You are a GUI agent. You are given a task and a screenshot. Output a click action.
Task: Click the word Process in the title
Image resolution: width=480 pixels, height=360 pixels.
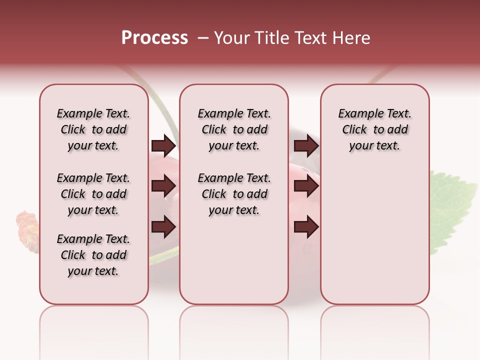click(154, 38)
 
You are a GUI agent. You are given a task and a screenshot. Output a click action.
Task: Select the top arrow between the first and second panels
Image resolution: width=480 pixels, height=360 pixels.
click(163, 146)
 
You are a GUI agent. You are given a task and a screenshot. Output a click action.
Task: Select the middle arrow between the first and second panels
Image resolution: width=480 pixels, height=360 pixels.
click(163, 186)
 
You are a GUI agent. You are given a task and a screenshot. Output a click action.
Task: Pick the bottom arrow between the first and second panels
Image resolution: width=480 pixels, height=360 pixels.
click(163, 227)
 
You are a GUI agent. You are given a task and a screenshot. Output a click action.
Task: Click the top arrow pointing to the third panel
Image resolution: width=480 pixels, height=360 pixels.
click(306, 146)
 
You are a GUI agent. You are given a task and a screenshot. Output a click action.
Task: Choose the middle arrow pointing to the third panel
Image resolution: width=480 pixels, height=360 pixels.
click(306, 186)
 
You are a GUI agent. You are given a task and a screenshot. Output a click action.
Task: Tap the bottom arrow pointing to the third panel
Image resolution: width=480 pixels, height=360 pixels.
click(306, 227)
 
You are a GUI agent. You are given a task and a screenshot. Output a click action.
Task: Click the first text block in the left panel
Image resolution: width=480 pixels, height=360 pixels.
click(93, 129)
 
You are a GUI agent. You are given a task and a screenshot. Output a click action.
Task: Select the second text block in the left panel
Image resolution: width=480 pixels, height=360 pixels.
click(93, 194)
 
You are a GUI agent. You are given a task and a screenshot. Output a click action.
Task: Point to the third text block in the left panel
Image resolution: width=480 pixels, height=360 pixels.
click(93, 255)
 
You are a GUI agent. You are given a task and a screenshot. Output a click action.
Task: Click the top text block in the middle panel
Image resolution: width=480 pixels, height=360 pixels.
click(234, 129)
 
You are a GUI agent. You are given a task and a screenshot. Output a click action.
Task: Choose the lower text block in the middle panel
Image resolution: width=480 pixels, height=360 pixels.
click(234, 194)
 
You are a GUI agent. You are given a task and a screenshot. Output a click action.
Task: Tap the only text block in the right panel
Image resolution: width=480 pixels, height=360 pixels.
click(374, 129)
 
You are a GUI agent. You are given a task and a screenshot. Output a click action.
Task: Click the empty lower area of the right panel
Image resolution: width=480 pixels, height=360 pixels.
click(374, 240)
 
